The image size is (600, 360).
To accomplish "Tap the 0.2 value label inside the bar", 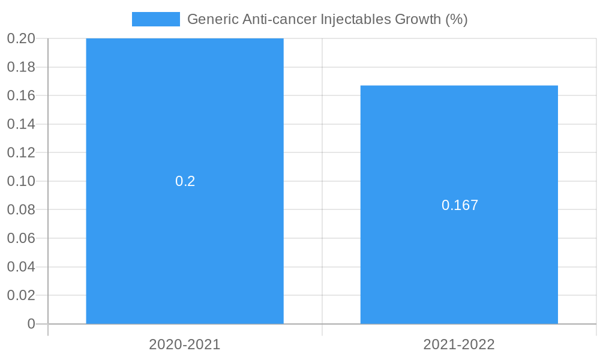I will pyautogui.click(x=185, y=181).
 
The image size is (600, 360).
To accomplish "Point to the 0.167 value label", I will pyautogui.click(x=460, y=205).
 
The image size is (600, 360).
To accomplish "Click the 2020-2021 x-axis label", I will pyautogui.click(x=185, y=344).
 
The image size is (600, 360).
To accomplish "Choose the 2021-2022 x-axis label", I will pyautogui.click(x=459, y=344).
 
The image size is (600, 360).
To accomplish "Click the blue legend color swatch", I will pyautogui.click(x=156, y=19).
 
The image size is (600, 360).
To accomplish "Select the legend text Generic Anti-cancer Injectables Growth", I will pyautogui.click(x=327, y=19).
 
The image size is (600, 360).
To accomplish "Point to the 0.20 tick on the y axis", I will pyautogui.click(x=21, y=38).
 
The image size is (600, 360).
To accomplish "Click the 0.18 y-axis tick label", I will pyautogui.click(x=21, y=67).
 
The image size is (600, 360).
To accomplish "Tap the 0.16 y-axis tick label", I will pyautogui.click(x=21, y=95).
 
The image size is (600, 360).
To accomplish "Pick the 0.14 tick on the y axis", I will pyautogui.click(x=21, y=124).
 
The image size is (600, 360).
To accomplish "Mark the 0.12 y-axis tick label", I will pyautogui.click(x=21, y=152).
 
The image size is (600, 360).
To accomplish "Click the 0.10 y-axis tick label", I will pyautogui.click(x=21, y=181).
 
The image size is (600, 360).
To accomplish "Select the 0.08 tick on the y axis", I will pyautogui.click(x=21, y=209).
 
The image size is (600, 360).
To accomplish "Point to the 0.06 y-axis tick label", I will pyautogui.click(x=21, y=238).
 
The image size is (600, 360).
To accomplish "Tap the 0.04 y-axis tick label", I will pyautogui.click(x=21, y=266).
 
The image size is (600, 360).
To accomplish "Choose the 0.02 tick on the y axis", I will pyautogui.click(x=21, y=295).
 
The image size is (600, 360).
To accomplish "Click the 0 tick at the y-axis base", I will pyautogui.click(x=31, y=324).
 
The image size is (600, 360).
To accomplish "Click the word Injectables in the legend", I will pyautogui.click(x=355, y=19).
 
